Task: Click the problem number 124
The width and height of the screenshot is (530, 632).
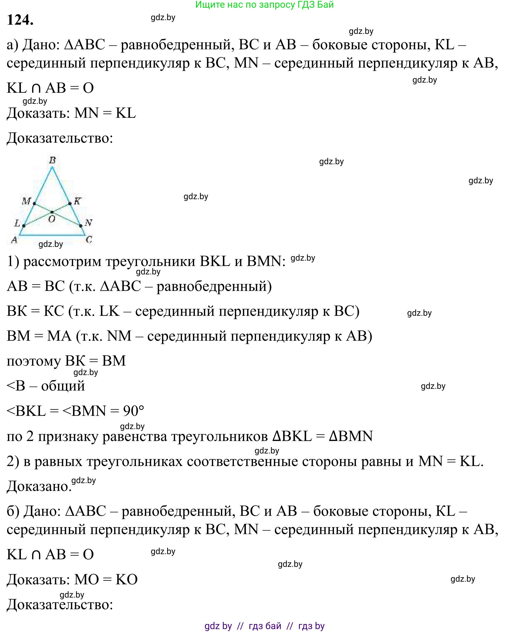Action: [x=20, y=20]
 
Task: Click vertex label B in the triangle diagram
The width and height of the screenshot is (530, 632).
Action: [x=52, y=160]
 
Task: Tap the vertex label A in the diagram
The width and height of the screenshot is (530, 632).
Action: [x=14, y=240]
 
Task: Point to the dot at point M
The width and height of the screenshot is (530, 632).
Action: [x=34, y=204]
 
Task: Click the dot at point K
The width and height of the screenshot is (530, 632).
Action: [x=70, y=204]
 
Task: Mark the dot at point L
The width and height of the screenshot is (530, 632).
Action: [x=24, y=226]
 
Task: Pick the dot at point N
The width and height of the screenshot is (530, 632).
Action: [x=81, y=226]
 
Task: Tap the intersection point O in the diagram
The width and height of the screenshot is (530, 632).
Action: [x=52, y=212]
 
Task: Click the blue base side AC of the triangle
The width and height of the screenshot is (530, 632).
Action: [x=52, y=235]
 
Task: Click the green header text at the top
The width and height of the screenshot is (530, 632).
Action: [x=264, y=5]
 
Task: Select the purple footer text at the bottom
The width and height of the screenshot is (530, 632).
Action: [x=264, y=626]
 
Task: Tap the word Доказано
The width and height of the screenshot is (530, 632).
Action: [x=39, y=486]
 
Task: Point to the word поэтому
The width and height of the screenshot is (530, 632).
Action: [x=34, y=361]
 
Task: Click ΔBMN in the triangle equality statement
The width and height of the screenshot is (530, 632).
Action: [x=351, y=436]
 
